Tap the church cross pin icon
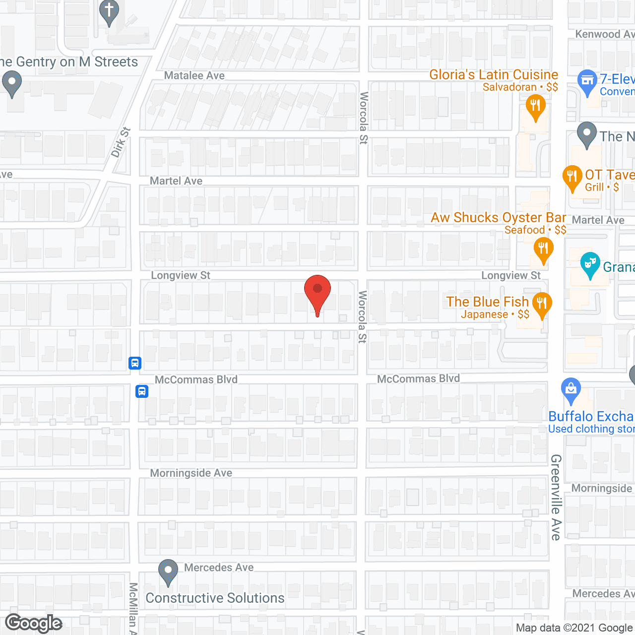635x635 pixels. (x=109, y=11)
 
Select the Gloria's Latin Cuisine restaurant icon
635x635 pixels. (x=535, y=107)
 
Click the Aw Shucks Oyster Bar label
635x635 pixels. (x=498, y=218)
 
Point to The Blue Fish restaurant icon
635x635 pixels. (x=542, y=303)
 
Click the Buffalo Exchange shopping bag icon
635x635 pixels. (x=571, y=390)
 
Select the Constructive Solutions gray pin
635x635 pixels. (x=168, y=571)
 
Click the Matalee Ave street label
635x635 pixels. (x=194, y=76)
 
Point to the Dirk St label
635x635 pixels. (x=121, y=142)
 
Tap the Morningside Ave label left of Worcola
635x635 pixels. (x=191, y=473)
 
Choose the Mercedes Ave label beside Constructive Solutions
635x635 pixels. (x=219, y=568)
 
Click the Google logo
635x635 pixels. (x=34, y=624)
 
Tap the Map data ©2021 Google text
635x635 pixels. (x=574, y=628)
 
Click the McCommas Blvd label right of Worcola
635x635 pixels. (x=418, y=379)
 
